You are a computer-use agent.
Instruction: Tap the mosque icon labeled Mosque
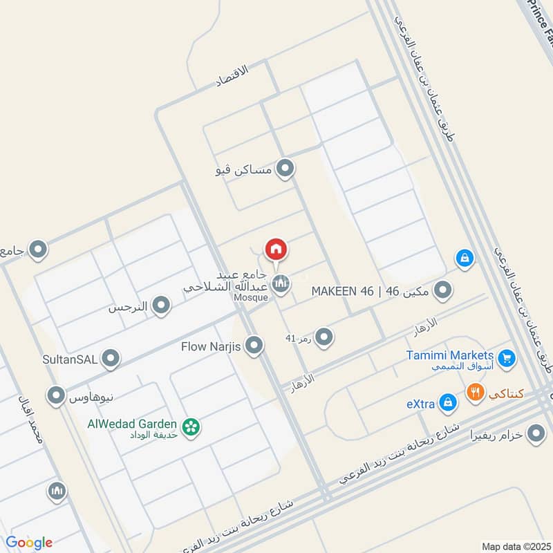280,283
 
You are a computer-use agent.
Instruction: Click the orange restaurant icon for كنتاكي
475,393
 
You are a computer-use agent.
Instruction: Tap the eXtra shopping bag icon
448,402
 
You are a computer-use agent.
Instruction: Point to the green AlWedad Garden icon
191,428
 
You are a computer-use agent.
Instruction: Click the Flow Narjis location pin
254,346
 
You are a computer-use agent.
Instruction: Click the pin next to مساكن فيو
284,169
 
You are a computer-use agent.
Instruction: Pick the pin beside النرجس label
161,306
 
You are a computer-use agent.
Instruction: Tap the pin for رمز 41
324,338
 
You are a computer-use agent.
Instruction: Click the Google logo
28,543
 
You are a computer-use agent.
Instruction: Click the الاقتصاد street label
231,75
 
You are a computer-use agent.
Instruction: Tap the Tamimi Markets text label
458,355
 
